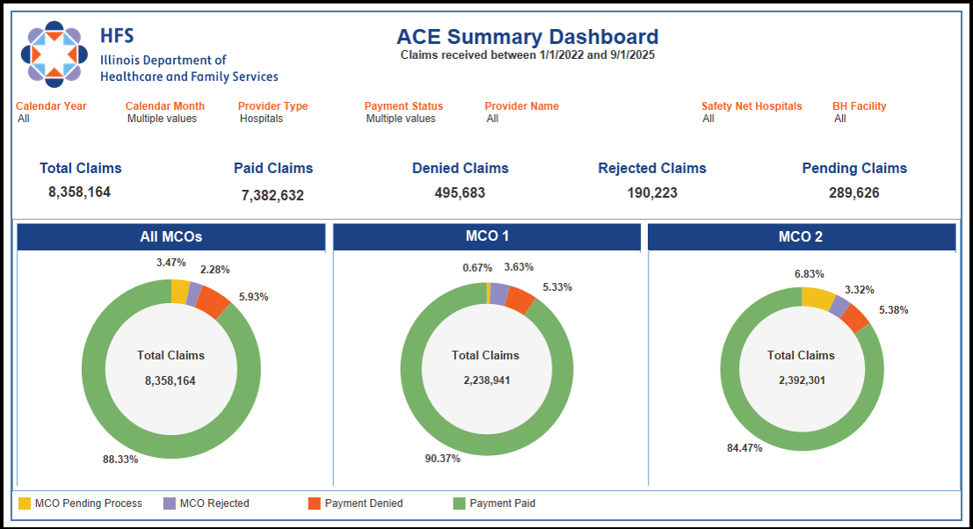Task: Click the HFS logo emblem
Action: click(x=54, y=53)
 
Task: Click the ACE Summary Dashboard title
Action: click(x=526, y=37)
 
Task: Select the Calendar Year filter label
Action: click(x=52, y=106)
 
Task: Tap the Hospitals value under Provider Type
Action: click(x=261, y=119)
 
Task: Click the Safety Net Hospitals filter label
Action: click(x=752, y=106)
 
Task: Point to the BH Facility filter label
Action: click(x=859, y=106)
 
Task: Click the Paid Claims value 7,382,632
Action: click(x=272, y=195)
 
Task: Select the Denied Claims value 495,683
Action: click(x=460, y=192)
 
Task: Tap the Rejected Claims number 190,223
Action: click(x=652, y=192)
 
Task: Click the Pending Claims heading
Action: click(x=854, y=168)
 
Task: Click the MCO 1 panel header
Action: click(x=487, y=237)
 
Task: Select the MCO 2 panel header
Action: click(x=801, y=237)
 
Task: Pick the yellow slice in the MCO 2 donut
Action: click(x=817, y=299)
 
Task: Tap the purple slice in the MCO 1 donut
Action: click(x=499, y=293)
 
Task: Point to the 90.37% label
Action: click(x=441, y=458)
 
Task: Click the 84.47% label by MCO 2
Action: click(x=744, y=447)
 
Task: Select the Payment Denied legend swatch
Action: click(x=314, y=504)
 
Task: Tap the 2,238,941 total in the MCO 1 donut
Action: click(x=486, y=380)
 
